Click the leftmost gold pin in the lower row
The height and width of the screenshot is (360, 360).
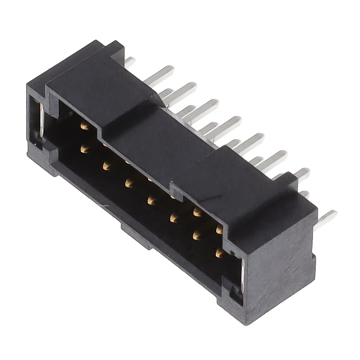click(x=84, y=148)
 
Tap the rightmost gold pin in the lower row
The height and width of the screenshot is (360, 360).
click(x=219, y=253)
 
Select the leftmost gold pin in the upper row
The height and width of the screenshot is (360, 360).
click(x=84, y=126)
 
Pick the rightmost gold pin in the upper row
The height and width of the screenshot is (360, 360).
click(x=219, y=229)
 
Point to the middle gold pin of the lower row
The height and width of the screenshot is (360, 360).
click(x=151, y=199)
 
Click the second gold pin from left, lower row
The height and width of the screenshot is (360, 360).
click(x=106, y=165)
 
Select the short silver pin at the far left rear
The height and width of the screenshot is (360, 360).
click(x=130, y=61)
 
